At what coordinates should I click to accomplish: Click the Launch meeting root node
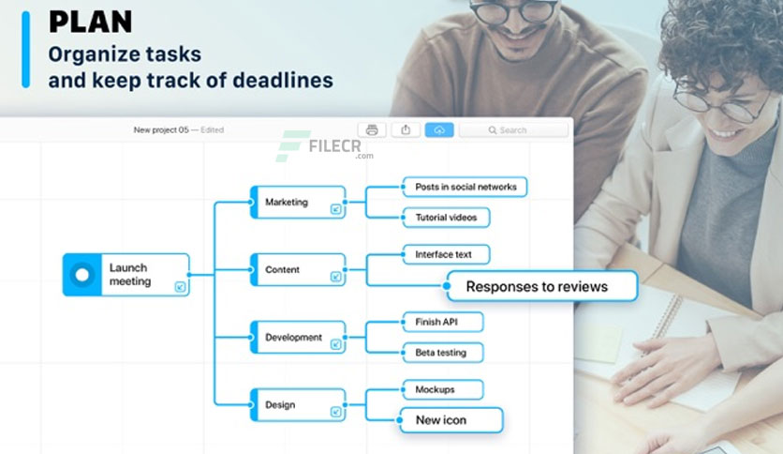tap(126, 275)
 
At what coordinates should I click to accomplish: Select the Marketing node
tap(298, 202)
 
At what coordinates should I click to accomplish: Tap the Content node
tap(298, 269)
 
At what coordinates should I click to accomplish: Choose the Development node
tap(298, 337)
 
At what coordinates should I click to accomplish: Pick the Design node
tap(298, 404)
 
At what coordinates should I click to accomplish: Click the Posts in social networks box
tap(465, 187)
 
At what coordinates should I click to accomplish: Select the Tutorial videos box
tap(446, 218)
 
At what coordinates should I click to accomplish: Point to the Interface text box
tap(446, 254)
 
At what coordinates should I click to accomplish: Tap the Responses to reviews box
tap(541, 286)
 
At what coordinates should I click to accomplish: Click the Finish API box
tap(442, 322)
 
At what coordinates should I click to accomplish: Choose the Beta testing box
tap(442, 353)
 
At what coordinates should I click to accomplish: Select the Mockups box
tap(442, 389)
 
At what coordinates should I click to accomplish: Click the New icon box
tap(451, 420)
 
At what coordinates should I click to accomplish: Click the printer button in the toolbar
tap(372, 130)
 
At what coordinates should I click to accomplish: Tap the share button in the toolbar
tap(406, 130)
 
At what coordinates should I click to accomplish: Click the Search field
tap(514, 130)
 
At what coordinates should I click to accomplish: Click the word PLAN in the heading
tap(91, 22)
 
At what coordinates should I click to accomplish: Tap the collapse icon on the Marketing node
tap(336, 209)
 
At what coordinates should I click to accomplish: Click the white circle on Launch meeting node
tap(82, 275)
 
